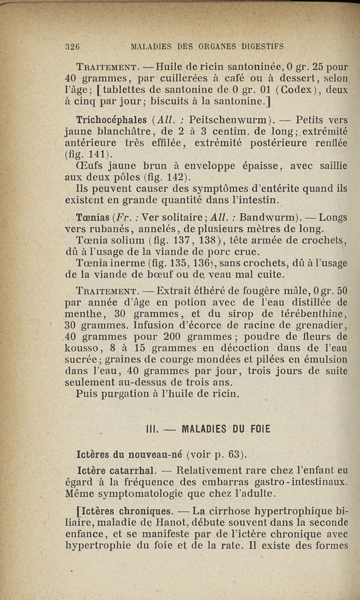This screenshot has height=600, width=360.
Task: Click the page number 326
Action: coord(72,45)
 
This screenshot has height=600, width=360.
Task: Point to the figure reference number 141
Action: coord(98,155)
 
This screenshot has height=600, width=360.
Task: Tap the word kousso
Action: coord(82,348)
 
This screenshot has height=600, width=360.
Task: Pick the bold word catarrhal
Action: coord(130,471)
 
